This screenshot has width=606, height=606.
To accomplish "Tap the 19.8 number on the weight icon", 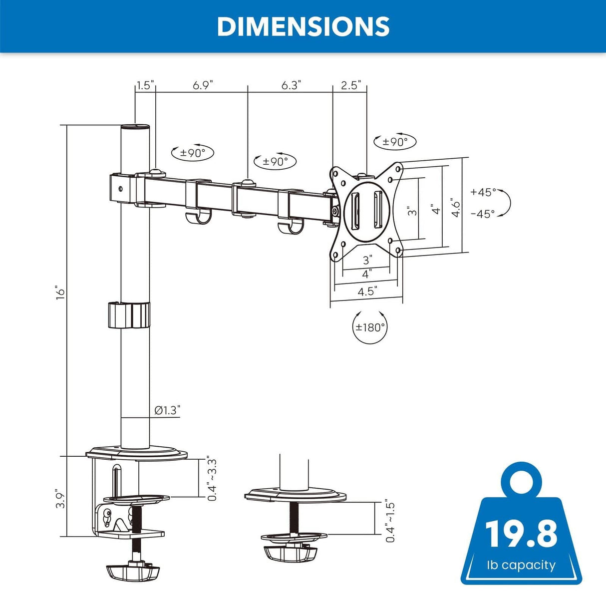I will (x=521, y=534).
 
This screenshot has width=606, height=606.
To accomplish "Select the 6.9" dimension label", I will (x=203, y=85).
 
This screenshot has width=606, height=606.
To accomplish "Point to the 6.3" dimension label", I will (x=291, y=85).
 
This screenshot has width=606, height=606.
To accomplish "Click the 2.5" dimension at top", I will (x=350, y=85).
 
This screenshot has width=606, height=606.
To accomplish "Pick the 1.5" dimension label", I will (x=145, y=85).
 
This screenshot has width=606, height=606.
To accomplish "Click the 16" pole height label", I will (x=60, y=293).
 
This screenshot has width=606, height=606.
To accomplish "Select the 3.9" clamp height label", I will (x=60, y=498).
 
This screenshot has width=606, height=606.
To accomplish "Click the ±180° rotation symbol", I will (x=370, y=327).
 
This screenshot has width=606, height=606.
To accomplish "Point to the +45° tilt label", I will (x=483, y=192).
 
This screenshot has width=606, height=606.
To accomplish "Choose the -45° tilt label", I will (x=483, y=214).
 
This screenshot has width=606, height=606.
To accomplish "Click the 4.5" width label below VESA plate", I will (x=367, y=292).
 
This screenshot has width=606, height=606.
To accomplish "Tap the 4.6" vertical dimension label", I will (x=456, y=207).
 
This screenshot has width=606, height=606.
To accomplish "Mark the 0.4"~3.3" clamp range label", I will (x=212, y=480).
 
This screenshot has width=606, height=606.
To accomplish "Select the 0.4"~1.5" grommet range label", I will (x=390, y=521).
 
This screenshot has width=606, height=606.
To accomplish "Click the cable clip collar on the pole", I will (x=129, y=315).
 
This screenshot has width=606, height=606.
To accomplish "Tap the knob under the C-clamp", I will (x=132, y=572).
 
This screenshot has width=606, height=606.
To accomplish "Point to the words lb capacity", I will (x=521, y=565).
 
